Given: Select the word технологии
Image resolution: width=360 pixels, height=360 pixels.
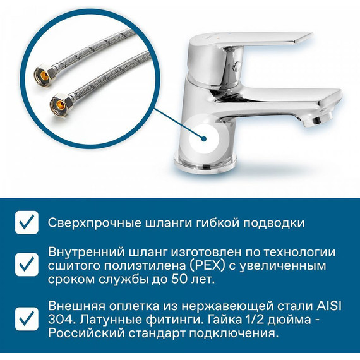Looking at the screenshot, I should coord(299,252).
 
